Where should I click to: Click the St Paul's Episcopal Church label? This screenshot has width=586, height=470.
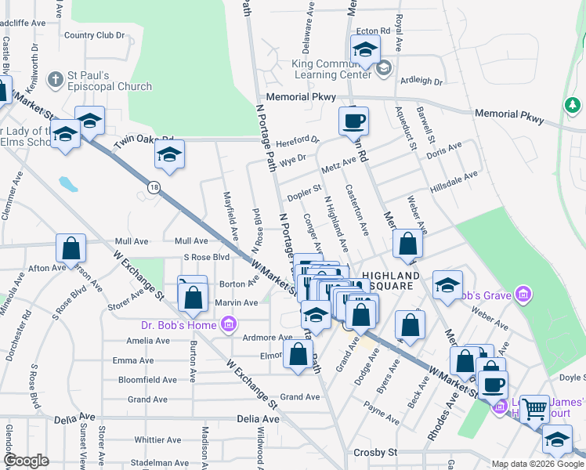tap(99, 81)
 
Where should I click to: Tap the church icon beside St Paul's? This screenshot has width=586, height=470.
tap(55, 80)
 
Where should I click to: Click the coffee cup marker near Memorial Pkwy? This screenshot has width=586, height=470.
tap(353, 121)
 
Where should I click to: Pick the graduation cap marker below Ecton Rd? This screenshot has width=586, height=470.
tap(365, 51)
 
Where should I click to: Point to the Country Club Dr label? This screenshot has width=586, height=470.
tap(94, 34)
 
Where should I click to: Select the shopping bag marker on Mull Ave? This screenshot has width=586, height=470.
tap(71, 248)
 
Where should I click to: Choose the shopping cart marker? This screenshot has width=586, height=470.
tap(534, 408)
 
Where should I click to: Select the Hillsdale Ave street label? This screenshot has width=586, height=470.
tap(454, 183)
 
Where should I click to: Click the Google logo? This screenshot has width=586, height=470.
tap(27, 461)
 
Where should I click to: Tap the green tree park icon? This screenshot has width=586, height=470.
tap(573, 104)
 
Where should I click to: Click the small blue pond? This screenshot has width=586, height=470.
tap(69, 185)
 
